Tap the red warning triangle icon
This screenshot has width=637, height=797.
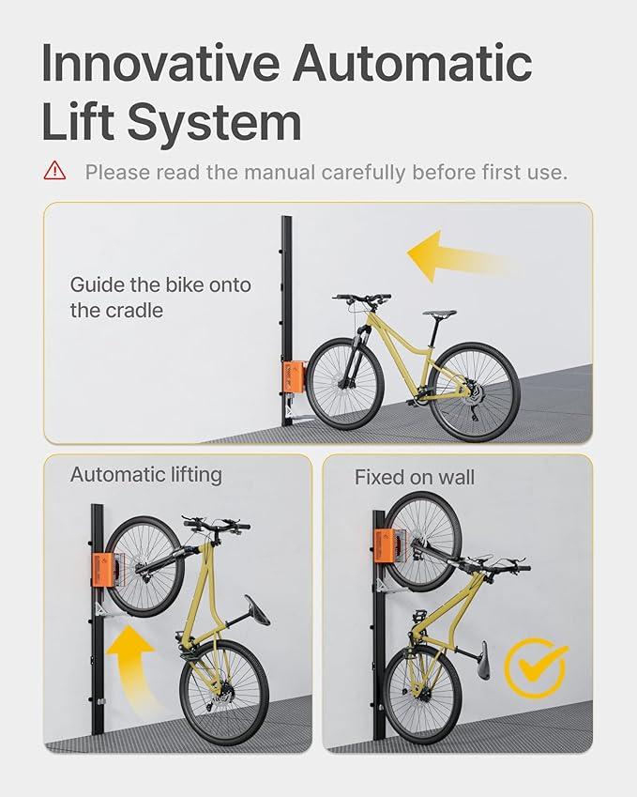(54, 171)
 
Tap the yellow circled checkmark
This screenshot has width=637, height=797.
(535, 667)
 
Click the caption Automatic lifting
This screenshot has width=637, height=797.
(145, 475)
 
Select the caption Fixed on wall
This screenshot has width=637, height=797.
(414, 478)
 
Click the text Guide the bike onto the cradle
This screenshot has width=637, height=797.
(160, 297)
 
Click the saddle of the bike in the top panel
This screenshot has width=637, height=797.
(438, 314)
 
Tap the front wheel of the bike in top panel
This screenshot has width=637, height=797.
(345, 383)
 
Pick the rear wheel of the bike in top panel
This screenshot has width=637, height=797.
(477, 391)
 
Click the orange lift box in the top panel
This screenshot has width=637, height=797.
(295, 376)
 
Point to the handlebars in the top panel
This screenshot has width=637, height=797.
(362, 299)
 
